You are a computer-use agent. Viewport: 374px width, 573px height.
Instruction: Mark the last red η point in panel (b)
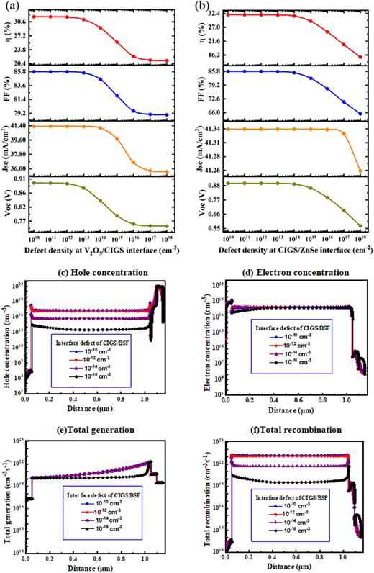point(360,57)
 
